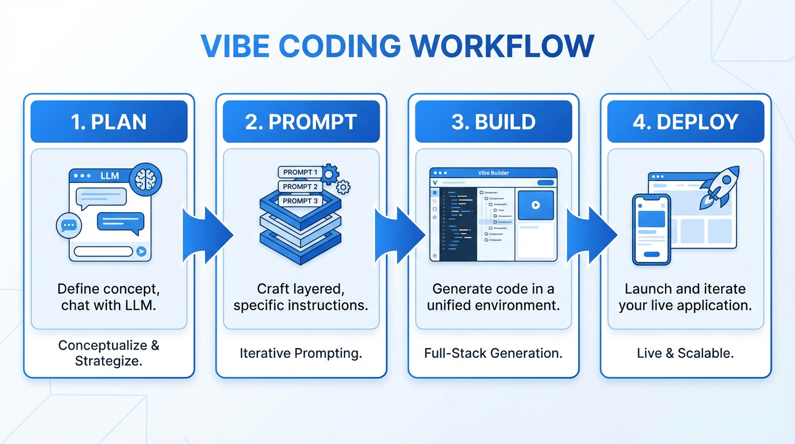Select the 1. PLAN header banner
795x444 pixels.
pyautogui.click(x=109, y=122)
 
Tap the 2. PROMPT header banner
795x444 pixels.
pyautogui.click(x=301, y=122)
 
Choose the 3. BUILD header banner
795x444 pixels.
pyautogui.click(x=493, y=122)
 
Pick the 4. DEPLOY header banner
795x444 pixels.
pyautogui.click(x=686, y=122)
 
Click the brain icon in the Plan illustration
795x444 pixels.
pyautogui.click(x=146, y=179)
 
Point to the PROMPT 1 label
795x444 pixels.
pyautogui.click(x=300, y=172)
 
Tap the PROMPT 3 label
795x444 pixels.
pyautogui.click(x=300, y=201)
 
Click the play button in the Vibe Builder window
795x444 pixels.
pyautogui.click(x=536, y=205)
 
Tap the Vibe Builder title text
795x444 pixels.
pyautogui.click(x=493, y=173)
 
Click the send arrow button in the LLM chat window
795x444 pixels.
pyautogui.click(x=142, y=251)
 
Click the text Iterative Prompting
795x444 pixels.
pyautogui.click(x=301, y=353)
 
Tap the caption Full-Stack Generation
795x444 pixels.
pyautogui.click(x=493, y=353)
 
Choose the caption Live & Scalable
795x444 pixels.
pyautogui.click(x=686, y=353)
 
